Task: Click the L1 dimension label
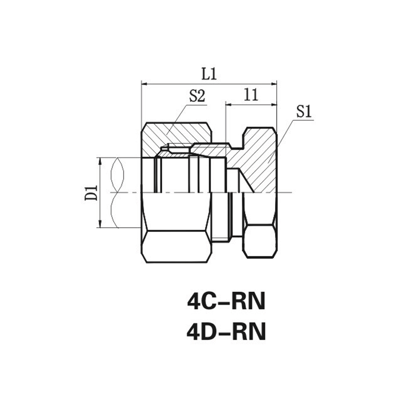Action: [x=209, y=74]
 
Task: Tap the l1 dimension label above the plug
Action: [x=251, y=95]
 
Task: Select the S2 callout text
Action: [x=197, y=96]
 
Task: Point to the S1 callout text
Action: [x=304, y=112]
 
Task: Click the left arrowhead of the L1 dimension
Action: [x=145, y=84]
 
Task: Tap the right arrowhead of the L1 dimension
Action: [x=274, y=84]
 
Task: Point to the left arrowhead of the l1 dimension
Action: [x=229, y=105]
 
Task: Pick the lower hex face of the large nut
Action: [x=177, y=246]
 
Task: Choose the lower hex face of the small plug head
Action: [x=260, y=241]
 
